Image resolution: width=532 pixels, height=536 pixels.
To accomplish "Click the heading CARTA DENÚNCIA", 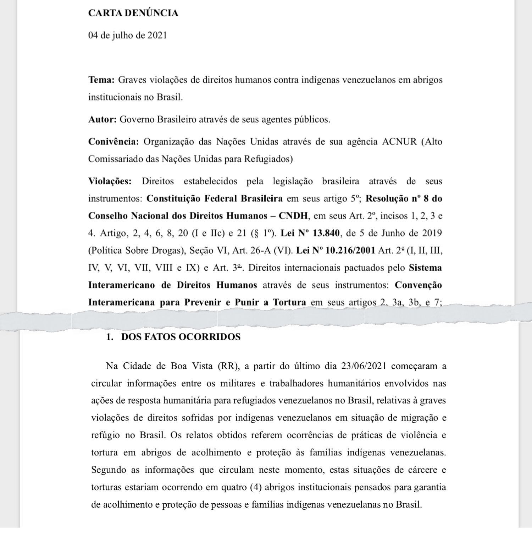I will tap(133, 13).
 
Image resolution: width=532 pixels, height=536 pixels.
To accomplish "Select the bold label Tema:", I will tap(101, 80).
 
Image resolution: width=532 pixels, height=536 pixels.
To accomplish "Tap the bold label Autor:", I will tap(102, 120).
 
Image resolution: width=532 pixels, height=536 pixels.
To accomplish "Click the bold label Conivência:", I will tap(113, 142).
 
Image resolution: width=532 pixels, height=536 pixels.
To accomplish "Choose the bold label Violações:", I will tap(110, 182).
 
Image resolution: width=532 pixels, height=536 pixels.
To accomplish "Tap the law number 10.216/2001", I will tap(350, 251).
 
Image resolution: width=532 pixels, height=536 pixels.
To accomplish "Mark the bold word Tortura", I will tap(289, 303).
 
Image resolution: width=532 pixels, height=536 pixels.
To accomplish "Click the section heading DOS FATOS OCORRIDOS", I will tap(181, 337).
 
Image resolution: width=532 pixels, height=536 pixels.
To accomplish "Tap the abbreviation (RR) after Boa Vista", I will tap(229, 366).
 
